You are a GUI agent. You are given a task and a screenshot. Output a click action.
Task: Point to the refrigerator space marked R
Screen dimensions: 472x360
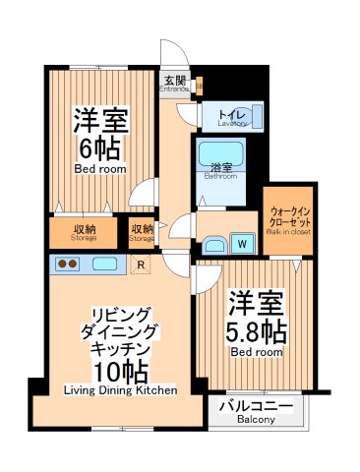click(142, 264)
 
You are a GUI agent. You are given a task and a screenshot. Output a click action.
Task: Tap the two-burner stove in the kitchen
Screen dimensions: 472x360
click(68, 264)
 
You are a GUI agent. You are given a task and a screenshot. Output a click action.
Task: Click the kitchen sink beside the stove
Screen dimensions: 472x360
click(102, 264)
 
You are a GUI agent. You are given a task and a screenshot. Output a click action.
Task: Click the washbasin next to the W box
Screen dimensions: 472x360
click(214, 244)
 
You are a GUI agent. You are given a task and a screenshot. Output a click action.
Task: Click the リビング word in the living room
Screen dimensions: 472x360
click(119, 312)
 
